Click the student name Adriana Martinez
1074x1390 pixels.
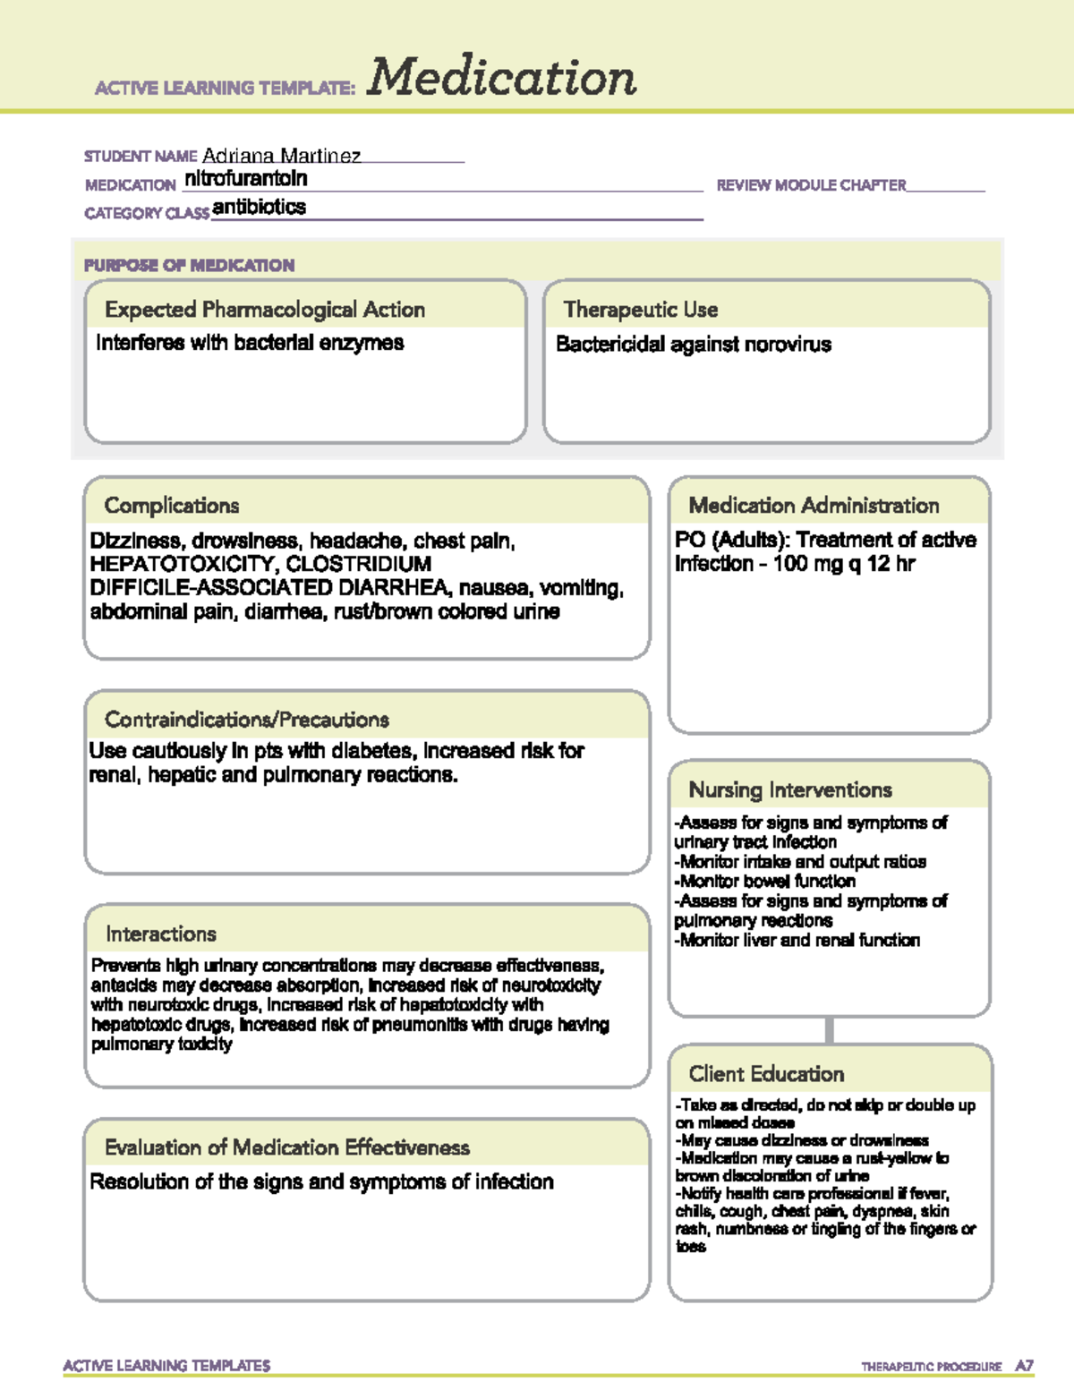pos(281,156)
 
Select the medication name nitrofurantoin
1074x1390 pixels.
pos(245,179)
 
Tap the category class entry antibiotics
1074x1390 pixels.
pos(259,207)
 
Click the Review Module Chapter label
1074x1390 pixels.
pos(811,185)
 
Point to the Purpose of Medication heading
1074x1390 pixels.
pos(189,265)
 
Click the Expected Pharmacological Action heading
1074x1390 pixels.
pos(265,310)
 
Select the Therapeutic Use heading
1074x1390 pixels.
pos(641,310)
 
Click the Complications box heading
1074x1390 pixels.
pos(172,506)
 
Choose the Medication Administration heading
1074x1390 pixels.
pos(814,506)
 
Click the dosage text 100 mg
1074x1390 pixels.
pos(804,564)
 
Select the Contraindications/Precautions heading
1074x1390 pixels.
pos(247,720)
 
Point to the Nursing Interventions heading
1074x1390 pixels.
pos(790,790)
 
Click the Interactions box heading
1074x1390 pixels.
pos(161,934)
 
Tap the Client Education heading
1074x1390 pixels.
pos(766,1074)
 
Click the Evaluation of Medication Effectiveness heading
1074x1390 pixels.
pos(287,1147)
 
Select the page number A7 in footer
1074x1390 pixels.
pos(1024,1366)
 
